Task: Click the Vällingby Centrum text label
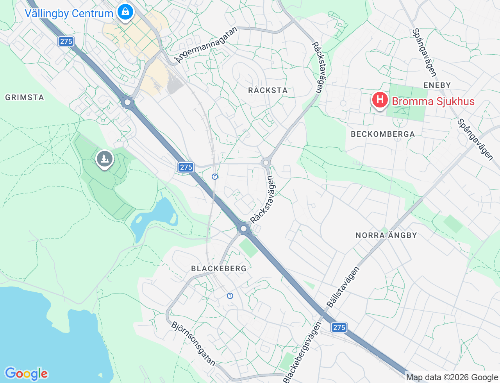pyautogui.click(x=69, y=13)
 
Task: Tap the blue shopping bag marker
pyautogui.click(x=125, y=12)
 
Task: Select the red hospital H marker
pyautogui.click(x=380, y=100)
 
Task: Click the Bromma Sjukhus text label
pyautogui.click(x=433, y=101)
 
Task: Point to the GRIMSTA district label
pyautogui.click(x=25, y=97)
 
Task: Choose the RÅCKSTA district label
pyautogui.click(x=268, y=90)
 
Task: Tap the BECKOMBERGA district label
pyautogui.click(x=383, y=134)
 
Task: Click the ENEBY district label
pyautogui.click(x=437, y=85)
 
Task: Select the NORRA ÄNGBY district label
pyautogui.click(x=386, y=235)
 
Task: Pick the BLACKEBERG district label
pyautogui.click(x=219, y=268)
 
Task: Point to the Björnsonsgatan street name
pyautogui.click(x=193, y=344)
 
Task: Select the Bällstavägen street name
pyautogui.click(x=343, y=287)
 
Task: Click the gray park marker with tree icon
pyautogui.click(x=105, y=159)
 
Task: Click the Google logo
pyautogui.click(x=26, y=374)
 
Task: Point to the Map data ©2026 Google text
pyautogui.click(x=452, y=377)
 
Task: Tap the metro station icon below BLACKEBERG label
pyautogui.click(x=230, y=296)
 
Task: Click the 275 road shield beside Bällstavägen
pyautogui.click(x=339, y=327)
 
